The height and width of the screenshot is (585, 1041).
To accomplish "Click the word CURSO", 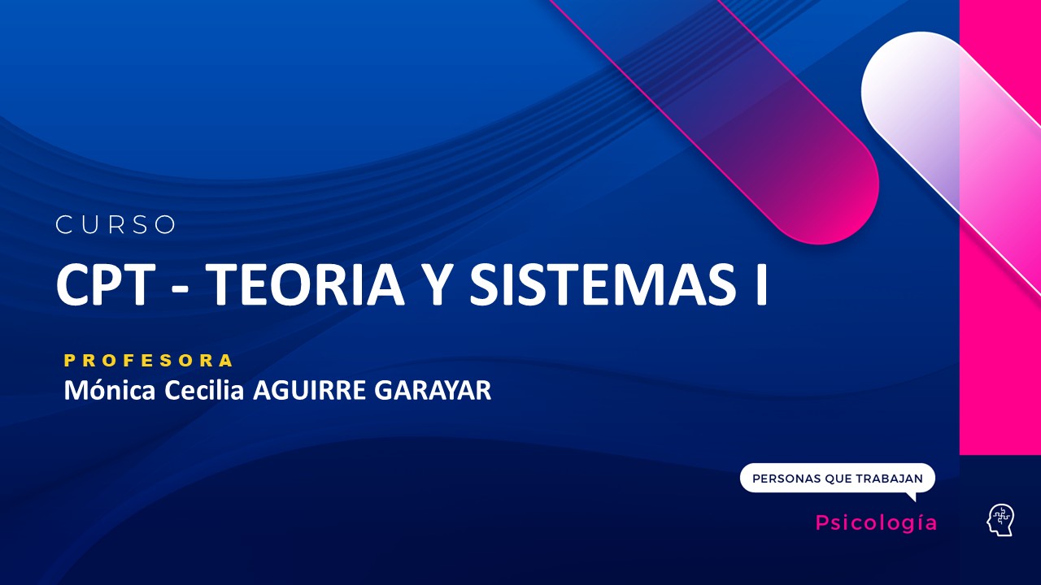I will click(x=115, y=225).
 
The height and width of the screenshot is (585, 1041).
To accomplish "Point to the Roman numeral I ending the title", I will click(x=760, y=285).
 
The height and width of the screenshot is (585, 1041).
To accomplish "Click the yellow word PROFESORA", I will click(x=149, y=360).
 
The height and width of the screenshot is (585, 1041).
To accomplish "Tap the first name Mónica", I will click(x=111, y=391).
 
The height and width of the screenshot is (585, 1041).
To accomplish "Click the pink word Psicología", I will click(x=876, y=523).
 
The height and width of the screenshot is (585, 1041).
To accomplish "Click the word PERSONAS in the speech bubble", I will click(x=786, y=479).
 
